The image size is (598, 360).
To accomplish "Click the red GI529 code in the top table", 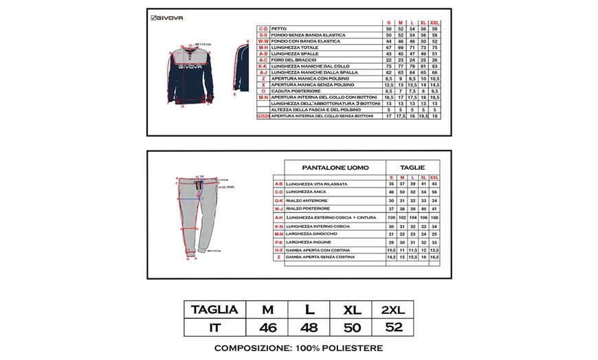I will click(262, 116).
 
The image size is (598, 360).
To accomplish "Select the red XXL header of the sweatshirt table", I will click(434, 23).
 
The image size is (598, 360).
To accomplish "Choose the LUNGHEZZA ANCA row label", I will click(310, 192).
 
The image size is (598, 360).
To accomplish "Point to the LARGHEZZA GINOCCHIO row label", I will click(317, 234).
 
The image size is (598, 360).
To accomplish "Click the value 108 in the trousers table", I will click(434, 217).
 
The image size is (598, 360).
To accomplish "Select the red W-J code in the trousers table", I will click(278, 208).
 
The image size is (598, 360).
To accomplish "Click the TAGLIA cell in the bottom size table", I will click(214, 310).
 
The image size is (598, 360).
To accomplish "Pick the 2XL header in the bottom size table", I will click(393, 310).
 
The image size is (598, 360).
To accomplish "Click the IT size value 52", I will click(393, 327).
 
